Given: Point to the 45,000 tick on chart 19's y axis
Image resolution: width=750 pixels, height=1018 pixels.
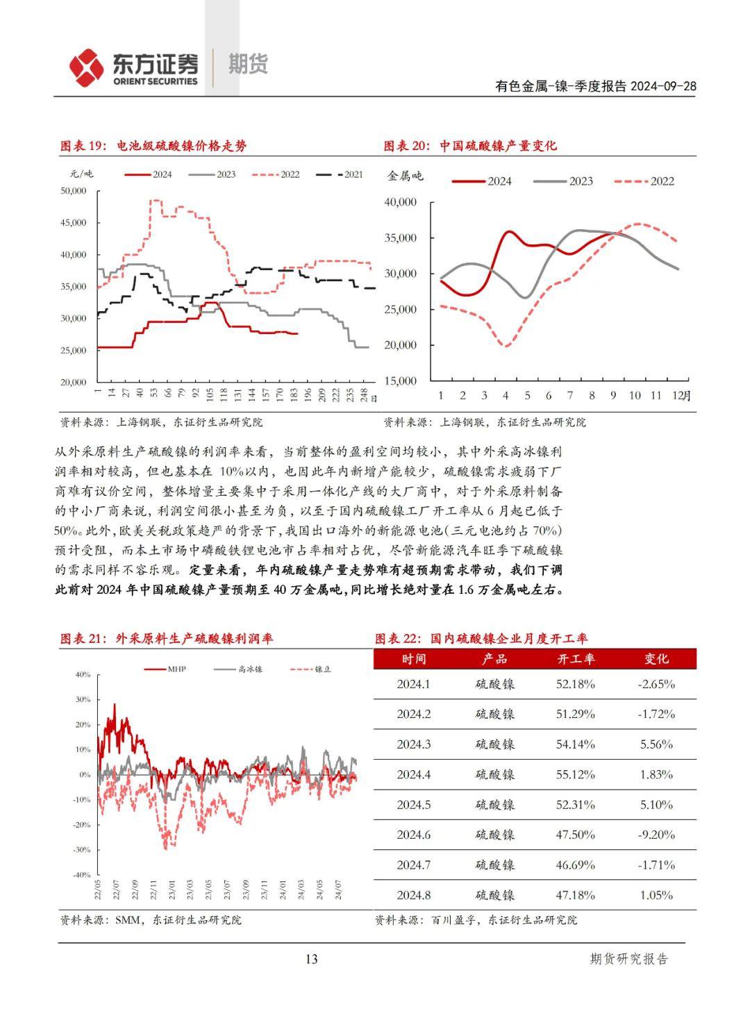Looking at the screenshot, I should pyautogui.click(x=74, y=223).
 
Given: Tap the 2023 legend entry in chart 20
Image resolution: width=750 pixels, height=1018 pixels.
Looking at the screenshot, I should pyautogui.click(x=564, y=181).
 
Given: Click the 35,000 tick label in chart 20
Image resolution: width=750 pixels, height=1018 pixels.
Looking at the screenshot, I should pyautogui.click(x=400, y=238).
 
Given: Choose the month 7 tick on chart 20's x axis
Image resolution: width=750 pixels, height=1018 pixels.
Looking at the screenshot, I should pyautogui.click(x=570, y=395).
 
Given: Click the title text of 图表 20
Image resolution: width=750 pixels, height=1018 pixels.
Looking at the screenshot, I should pyautogui.click(x=470, y=146).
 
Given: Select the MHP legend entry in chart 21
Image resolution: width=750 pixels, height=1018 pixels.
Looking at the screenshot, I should pyautogui.click(x=166, y=669).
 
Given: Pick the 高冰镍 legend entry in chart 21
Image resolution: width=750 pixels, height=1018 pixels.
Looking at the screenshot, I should pyautogui.click(x=239, y=669).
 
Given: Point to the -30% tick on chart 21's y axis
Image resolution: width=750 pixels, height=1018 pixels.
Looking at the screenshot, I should pyautogui.click(x=82, y=850).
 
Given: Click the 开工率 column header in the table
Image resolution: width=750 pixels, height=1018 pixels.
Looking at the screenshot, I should pyautogui.click(x=576, y=659).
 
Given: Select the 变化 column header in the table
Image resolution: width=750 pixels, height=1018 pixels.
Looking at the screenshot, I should pyautogui.click(x=656, y=659).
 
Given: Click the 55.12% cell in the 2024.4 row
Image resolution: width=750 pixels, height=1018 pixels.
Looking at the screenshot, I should pyautogui.click(x=576, y=774).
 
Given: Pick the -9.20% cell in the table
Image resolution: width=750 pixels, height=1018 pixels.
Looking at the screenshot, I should pyautogui.click(x=656, y=835).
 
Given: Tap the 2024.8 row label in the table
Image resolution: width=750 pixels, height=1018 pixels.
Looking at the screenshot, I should pyautogui.click(x=414, y=895).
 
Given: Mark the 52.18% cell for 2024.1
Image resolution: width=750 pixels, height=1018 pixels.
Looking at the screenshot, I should pyautogui.click(x=576, y=684).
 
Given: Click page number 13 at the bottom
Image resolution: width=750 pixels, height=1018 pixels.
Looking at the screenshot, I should pyautogui.click(x=311, y=959).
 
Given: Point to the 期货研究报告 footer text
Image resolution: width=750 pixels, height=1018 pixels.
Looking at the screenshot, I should pyautogui.click(x=628, y=959).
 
